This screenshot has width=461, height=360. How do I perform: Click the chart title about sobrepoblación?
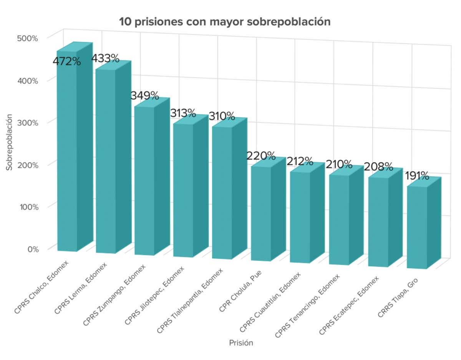(225, 22)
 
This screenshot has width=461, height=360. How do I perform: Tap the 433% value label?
(105, 59)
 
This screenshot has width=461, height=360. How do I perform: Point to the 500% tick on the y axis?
(28, 38)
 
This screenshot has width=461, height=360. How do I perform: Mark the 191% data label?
(416, 176)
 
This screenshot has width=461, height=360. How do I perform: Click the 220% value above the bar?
(261, 156)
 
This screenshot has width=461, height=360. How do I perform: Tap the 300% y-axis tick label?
(28, 123)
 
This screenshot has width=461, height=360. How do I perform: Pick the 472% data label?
(66, 61)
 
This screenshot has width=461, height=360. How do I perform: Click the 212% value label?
(300, 161)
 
